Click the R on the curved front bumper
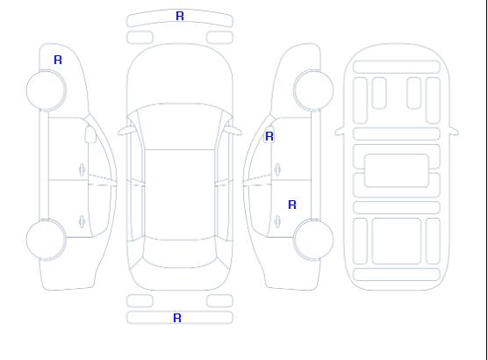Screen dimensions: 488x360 tap(180, 16)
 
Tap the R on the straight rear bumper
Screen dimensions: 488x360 tap(177, 318)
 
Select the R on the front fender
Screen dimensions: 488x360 tap(58, 60)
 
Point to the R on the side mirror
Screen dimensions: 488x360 tap(269, 136)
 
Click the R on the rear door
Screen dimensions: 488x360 tap(292, 205)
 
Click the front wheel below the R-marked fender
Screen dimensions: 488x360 tap(46, 90)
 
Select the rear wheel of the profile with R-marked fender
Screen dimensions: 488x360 tap(46, 240)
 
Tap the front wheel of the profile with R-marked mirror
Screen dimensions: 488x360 tap(313, 90)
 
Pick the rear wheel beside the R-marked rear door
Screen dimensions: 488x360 tap(313, 240)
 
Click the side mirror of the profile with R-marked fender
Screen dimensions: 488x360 tap(90, 134)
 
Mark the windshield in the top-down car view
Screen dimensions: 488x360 tap(180, 126)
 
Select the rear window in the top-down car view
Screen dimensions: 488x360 tap(180, 254)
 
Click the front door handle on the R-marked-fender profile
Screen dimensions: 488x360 tap(83, 169)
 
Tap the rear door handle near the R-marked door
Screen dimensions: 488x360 tap(277, 221)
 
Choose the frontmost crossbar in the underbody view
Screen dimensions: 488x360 tap(397, 68)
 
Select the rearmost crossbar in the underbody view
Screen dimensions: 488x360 tap(397, 274)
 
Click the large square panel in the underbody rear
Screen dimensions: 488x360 tap(397, 241)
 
